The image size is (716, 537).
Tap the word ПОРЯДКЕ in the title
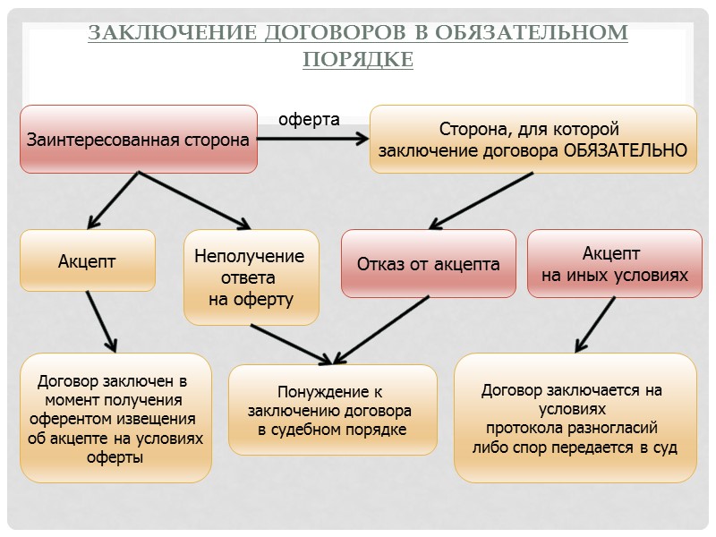click(358, 59)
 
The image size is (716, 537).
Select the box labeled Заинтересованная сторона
click(139, 140)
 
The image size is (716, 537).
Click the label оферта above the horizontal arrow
click(310, 119)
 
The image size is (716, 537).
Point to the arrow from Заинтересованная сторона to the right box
click(313, 139)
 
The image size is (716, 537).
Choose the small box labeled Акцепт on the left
click(88, 261)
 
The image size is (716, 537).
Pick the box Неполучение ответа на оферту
click(251, 277)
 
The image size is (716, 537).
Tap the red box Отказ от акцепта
click(429, 264)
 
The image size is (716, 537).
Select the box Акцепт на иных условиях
click(615, 264)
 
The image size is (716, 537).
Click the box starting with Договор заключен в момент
click(115, 419)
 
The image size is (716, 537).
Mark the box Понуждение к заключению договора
click(332, 412)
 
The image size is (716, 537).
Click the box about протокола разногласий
click(575, 418)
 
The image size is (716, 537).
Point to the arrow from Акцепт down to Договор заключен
click(101, 320)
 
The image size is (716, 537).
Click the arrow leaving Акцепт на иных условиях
click(596, 323)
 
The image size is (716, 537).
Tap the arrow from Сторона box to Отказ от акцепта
click(483, 199)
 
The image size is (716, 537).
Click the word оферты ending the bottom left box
click(115, 457)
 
